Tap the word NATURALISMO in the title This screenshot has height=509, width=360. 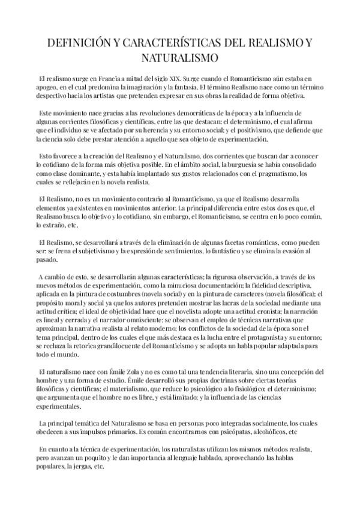point(180,59)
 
